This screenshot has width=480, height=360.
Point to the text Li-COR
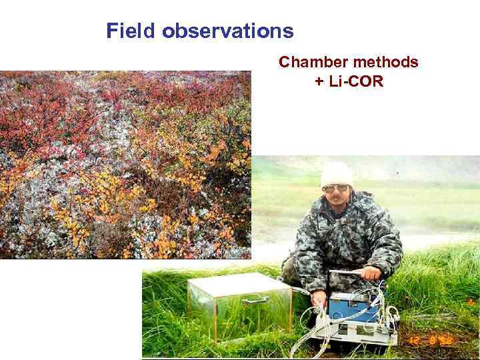point(355,83)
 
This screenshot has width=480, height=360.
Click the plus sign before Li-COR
point(319,83)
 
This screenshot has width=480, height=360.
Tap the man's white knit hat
point(337,175)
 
